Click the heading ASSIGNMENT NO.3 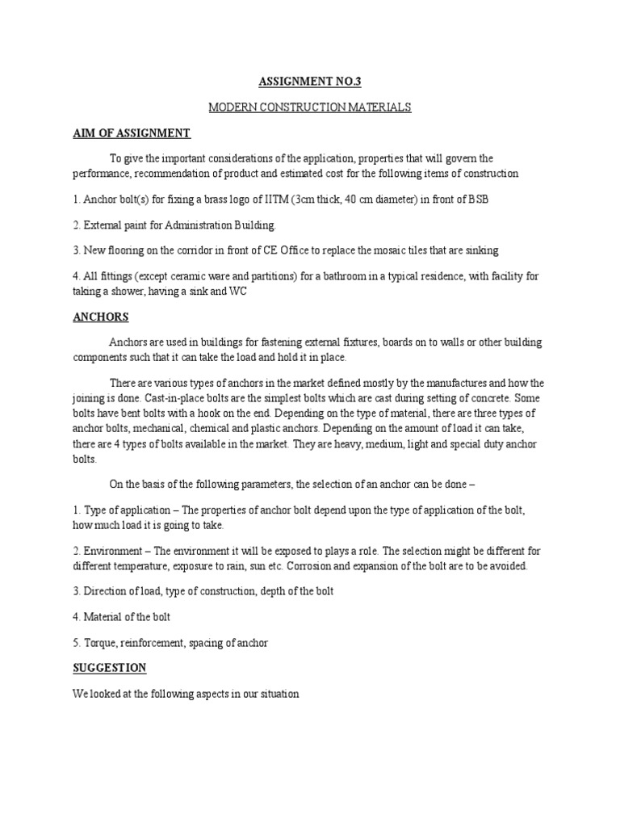tap(310, 82)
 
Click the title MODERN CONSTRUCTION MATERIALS tap(310, 107)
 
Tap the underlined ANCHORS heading tap(101, 317)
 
